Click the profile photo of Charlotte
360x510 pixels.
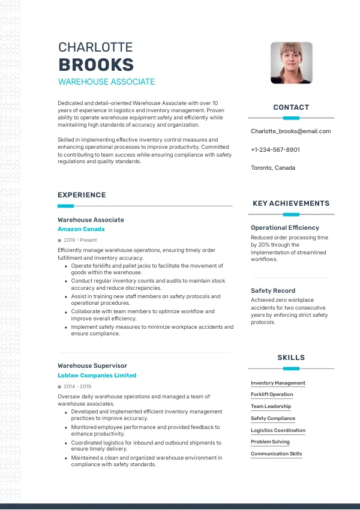pyautogui.click(x=291, y=62)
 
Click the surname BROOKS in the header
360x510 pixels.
pyautogui.click(x=96, y=65)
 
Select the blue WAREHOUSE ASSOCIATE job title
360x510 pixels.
pyautogui.click(x=106, y=82)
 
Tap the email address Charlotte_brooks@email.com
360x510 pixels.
pyautogui.click(x=290, y=131)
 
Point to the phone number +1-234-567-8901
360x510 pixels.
pyautogui.click(x=275, y=149)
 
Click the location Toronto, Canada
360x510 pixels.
pyautogui.click(x=273, y=168)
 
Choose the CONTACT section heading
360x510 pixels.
pyautogui.click(x=291, y=107)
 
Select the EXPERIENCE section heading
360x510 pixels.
pyautogui.click(x=82, y=195)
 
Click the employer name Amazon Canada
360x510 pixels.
pyautogui.click(x=81, y=229)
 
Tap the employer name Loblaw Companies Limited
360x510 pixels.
pyautogui.click(x=97, y=376)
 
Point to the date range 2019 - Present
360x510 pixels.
pyautogui.click(x=80, y=240)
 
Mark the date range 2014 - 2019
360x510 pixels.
pyautogui.click(x=77, y=386)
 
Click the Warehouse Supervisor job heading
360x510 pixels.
pyautogui.click(x=92, y=365)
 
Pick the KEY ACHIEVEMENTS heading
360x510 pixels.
pyautogui.click(x=291, y=203)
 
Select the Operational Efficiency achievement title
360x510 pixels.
pyautogui.click(x=285, y=227)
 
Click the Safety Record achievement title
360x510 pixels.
pyautogui.click(x=273, y=290)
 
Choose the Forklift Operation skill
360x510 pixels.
pyautogui.click(x=272, y=395)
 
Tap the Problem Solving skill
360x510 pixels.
pyautogui.click(x=270, y=442)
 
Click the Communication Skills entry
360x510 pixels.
pyautogui.click(x=277, y=454)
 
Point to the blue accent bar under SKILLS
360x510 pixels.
pyautogui.click(x=291, y=368)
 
